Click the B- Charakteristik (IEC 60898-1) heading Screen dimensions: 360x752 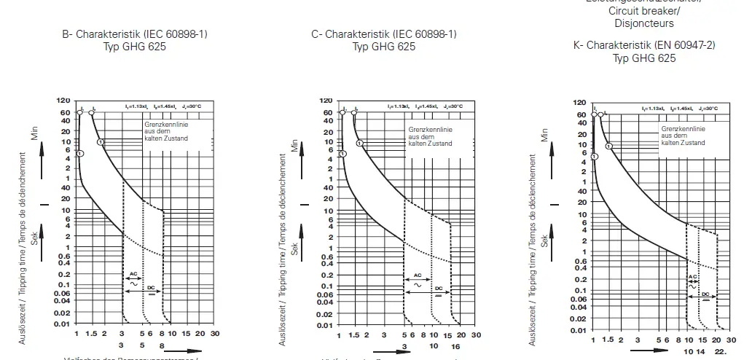pos(130,34)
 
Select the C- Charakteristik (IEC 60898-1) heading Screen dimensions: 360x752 pos(384,34)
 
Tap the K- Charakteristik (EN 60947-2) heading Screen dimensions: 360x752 pos(644,45)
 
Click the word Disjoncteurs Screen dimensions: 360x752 pos(643,23)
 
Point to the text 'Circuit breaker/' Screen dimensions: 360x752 pos(643,12)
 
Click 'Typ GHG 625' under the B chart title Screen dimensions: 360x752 pos(130,47)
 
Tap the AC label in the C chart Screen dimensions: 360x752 pos(418,276)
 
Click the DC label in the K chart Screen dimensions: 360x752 pos(705,294)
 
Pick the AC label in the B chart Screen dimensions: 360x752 pos(133,274)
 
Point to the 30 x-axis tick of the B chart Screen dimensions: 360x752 pos(214,333)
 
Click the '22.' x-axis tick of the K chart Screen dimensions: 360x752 pos(721,351)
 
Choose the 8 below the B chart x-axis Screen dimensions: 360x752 pos(162,345)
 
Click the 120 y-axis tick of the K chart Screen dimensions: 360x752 pos(579,103)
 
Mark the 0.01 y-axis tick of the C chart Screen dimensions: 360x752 pos(325,324)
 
